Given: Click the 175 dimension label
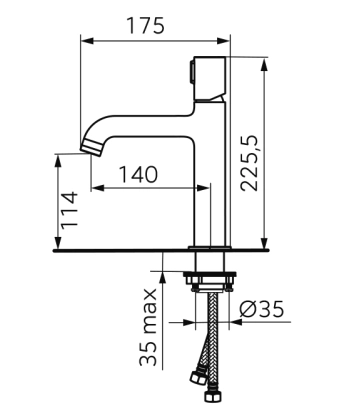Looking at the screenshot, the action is pos(145,26).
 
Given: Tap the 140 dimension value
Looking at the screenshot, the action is pos(138,175).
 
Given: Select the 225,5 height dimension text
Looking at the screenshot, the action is pos(250,163).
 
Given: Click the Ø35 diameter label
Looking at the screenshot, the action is pos(262,309).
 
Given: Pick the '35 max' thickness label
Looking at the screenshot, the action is pos(148,327).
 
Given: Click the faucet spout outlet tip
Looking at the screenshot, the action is pos(91,147).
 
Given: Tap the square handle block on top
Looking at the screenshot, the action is pos(210,79).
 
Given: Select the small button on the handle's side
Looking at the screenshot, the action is pos(192,72).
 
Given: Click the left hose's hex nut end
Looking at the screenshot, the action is pos(197,376).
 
